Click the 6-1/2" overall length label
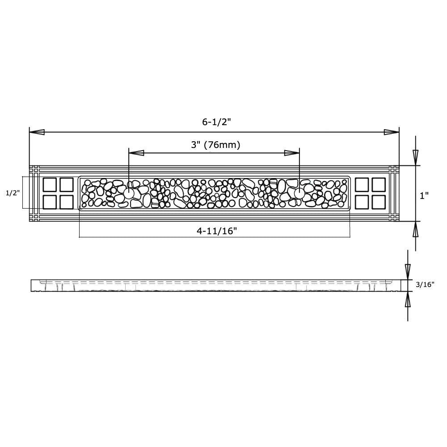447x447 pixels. (x=216, y=122)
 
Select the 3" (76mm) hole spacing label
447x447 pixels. (x=215, y=145)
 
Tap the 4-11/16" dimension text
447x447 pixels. (x=216, y=231)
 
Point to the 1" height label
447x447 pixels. (x=424, y=195)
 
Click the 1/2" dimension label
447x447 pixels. (x=13, y=193)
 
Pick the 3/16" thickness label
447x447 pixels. (x=425, y=284)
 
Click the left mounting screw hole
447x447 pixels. (x=129, y=193)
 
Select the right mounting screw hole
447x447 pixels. (x=299, y=193)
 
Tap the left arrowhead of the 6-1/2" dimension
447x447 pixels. (x=37, y=132)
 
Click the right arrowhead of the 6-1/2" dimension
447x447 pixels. (x=391, y=132)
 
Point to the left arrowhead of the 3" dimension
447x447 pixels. (x=136, y=153)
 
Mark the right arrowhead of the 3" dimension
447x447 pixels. (x=292, y=153)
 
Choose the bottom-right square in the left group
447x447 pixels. (x=66, y=202)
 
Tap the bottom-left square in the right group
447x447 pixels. (x=362, y=202)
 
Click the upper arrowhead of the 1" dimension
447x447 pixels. (x=416, y=157)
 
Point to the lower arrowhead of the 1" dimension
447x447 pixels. (x=416, y=229)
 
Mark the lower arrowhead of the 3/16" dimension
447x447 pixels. (x=407, y=301)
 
